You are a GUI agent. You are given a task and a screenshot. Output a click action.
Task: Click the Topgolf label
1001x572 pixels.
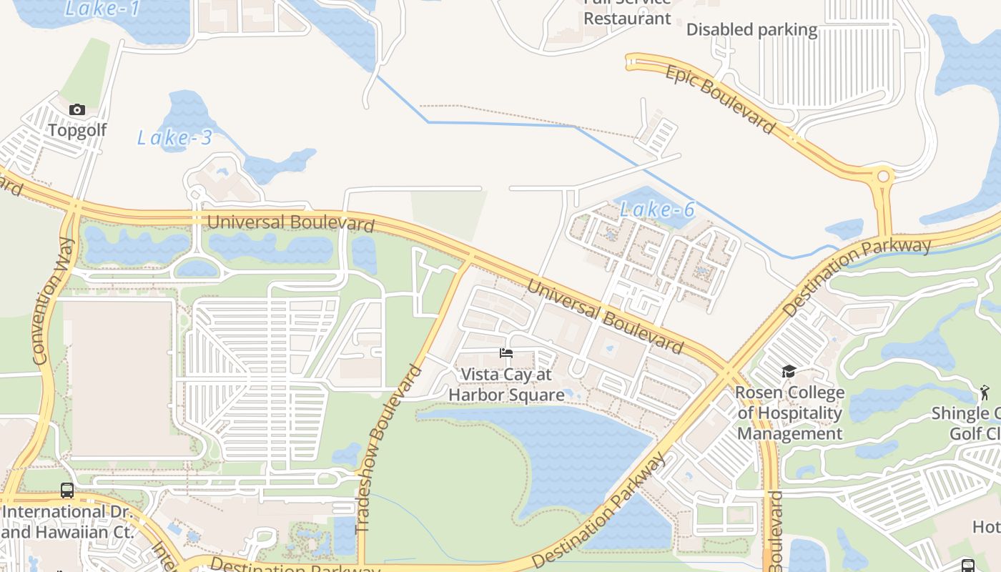tap(77, 130)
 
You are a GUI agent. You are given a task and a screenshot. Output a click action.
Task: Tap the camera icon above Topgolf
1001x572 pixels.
tap(77, 109)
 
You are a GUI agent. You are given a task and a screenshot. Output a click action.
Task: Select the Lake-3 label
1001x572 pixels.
tap(175, 138)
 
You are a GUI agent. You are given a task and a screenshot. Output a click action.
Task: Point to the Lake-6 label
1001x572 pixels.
tap(657, 209)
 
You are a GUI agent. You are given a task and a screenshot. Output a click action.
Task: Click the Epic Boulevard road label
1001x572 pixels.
tap(720, 99)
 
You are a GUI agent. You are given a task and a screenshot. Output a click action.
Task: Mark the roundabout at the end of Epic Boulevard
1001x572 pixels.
tap(884, 176)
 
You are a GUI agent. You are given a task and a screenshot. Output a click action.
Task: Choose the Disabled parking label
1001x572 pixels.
tap(751, 30)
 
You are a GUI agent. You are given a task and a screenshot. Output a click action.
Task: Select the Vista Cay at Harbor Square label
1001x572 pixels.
tap(506, 385)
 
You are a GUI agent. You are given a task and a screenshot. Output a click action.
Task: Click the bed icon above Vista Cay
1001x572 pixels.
tap(506, 353)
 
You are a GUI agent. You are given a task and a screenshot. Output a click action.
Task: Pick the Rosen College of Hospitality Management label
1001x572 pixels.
tap(789, 413)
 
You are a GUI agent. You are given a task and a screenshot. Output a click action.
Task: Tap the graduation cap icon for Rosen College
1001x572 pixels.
tap(789, 371)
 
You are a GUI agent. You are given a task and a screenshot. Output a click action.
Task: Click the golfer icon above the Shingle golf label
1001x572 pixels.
tap(985, 393)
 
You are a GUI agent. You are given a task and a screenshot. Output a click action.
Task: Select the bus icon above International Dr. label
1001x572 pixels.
tap(67, 490)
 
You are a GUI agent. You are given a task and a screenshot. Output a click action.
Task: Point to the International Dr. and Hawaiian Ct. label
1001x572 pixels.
tap(67, 522)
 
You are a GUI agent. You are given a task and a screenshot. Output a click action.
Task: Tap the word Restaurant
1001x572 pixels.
tap(627, 19)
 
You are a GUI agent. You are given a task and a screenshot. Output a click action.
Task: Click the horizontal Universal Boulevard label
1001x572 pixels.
tap(290, 223)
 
